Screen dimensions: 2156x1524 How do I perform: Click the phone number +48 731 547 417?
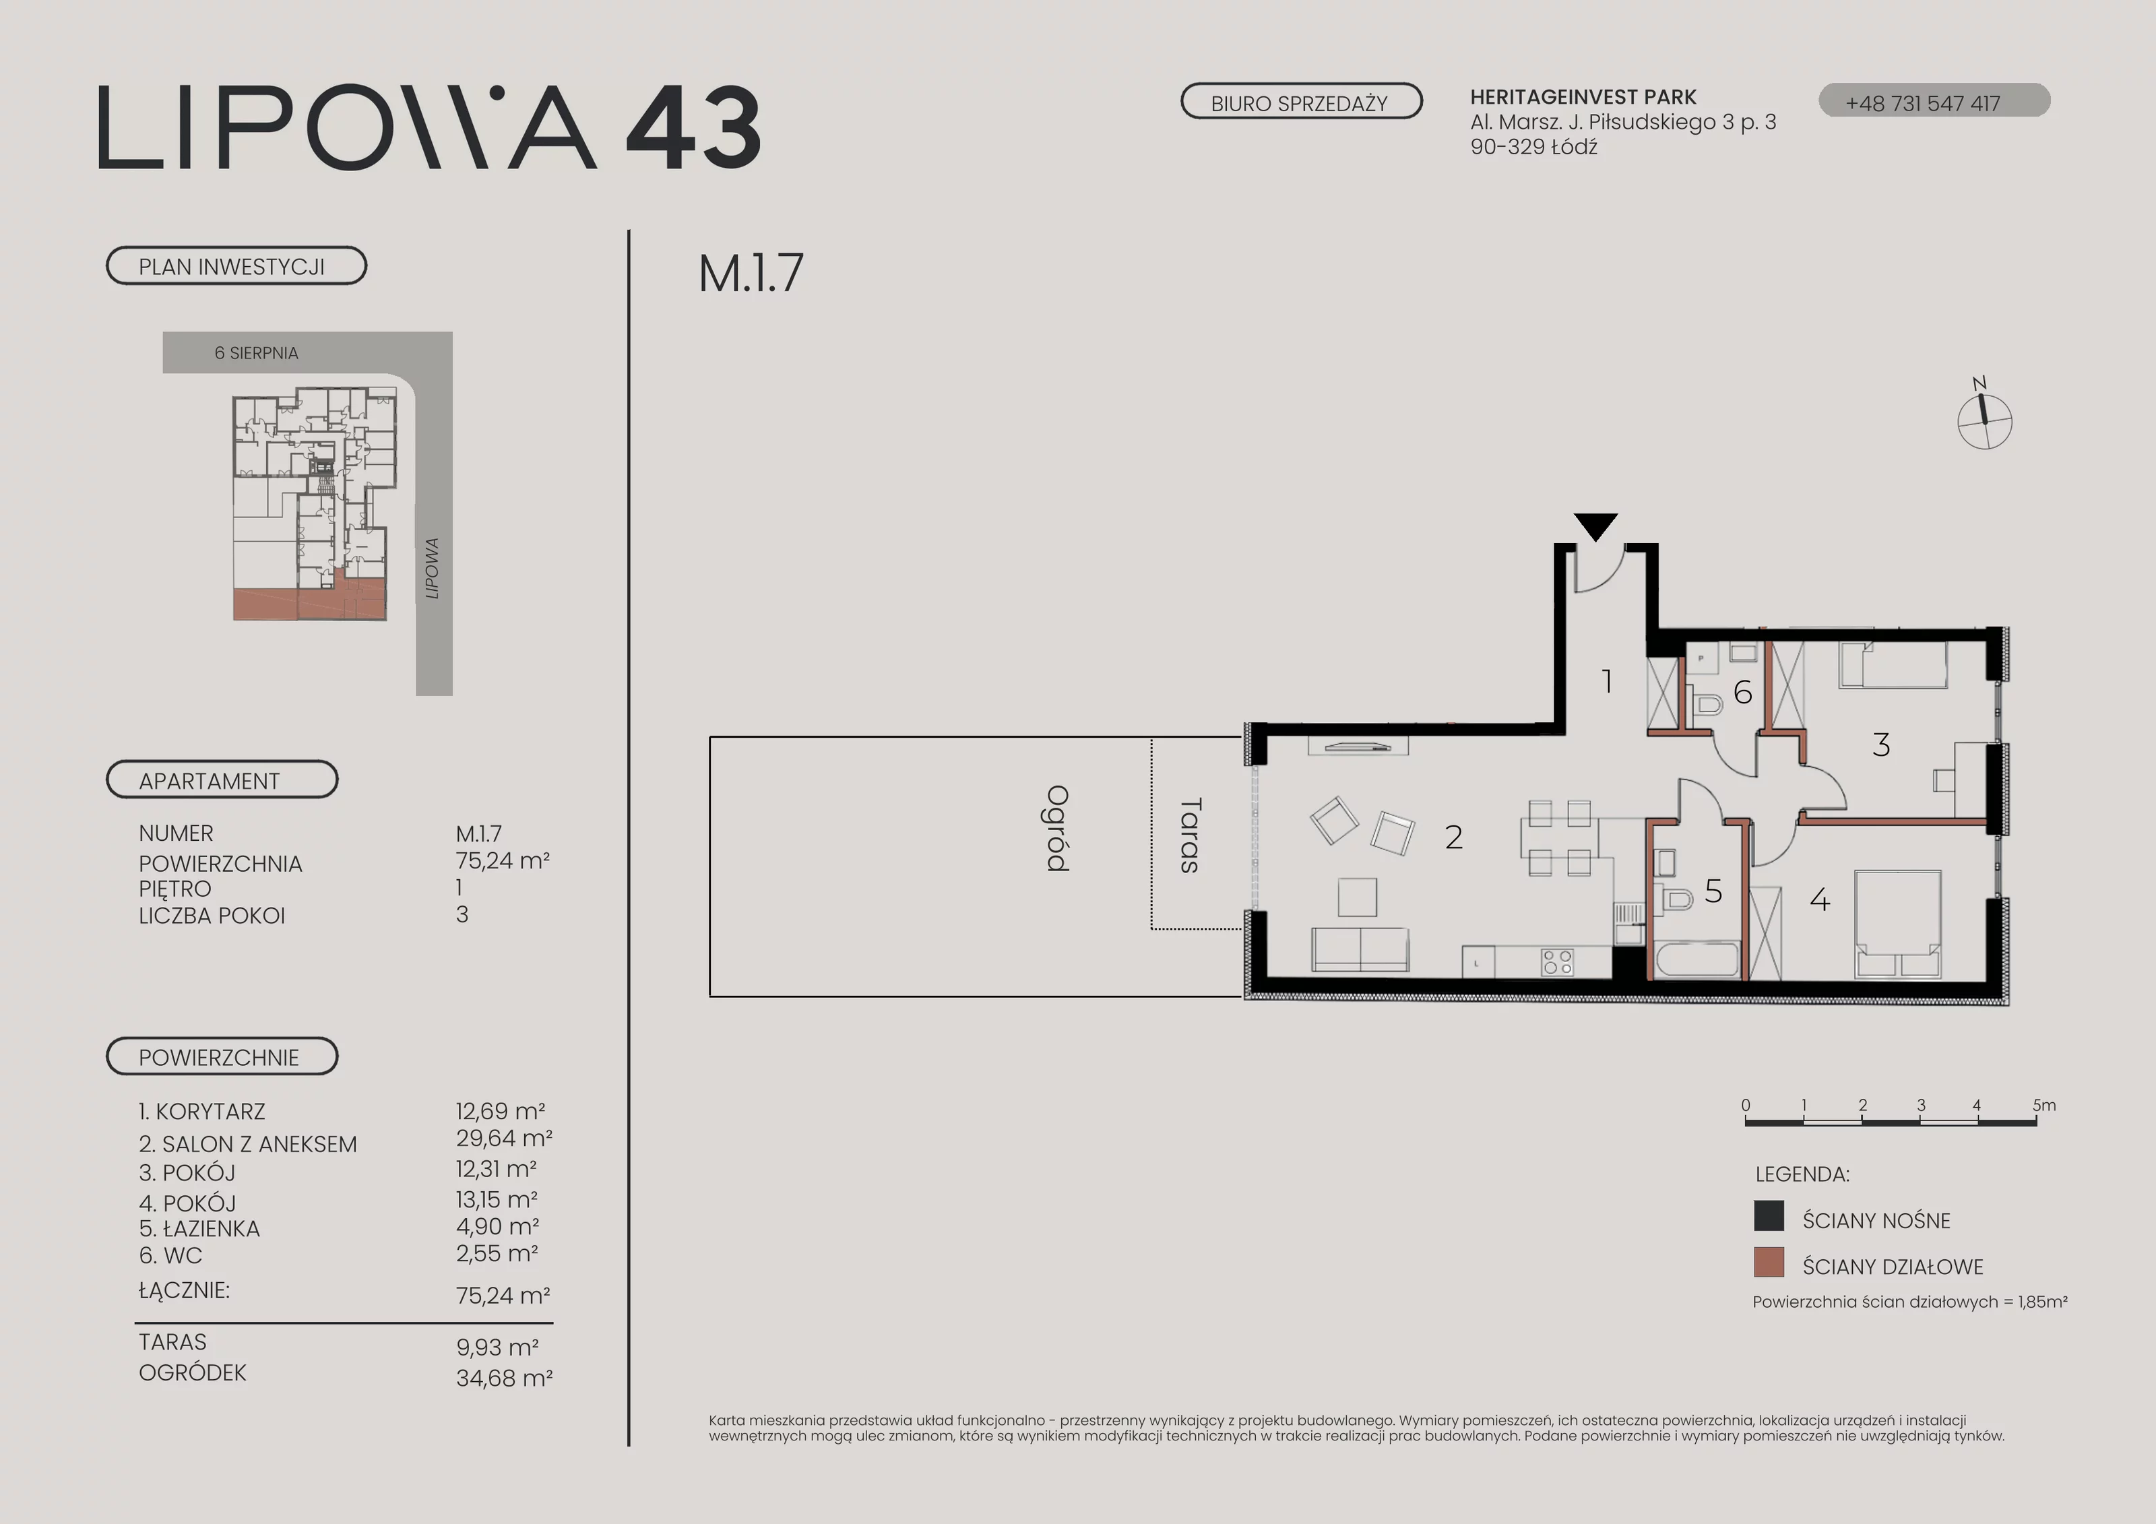pyautogui.click(x=1923, y=103)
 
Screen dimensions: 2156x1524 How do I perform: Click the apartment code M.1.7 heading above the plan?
pyautogui.click(x=751, y=274)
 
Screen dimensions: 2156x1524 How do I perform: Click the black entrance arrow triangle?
pyautogui.click(x=1595, y=526)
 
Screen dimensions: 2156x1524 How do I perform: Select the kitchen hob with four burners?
pyautogui.click(x=1557, y=961)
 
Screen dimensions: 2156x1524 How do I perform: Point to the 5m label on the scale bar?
pyautogui.click(x=2044, y=1105)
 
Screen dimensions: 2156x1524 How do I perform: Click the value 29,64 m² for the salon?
pyautogui.click(x=503, y=1138)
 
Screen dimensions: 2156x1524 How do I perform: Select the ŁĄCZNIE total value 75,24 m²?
pyautogui.click(x=503, y=1296)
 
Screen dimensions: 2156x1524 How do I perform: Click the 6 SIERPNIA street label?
pyautogui.click(x=256, y=353)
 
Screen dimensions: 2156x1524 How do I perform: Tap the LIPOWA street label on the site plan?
pyautogui.click(x=432, y=568)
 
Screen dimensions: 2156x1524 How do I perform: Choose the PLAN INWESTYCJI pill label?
pyautogui.click(x=236, y=265)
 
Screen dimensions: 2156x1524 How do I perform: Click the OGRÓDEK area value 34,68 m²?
pyautogui.click(x=504, y=1378)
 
